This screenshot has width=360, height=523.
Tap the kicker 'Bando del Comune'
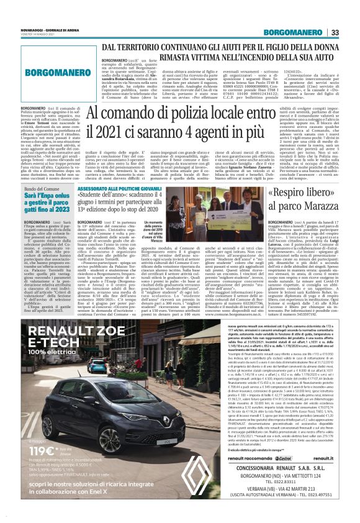click(x=43, y=188)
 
